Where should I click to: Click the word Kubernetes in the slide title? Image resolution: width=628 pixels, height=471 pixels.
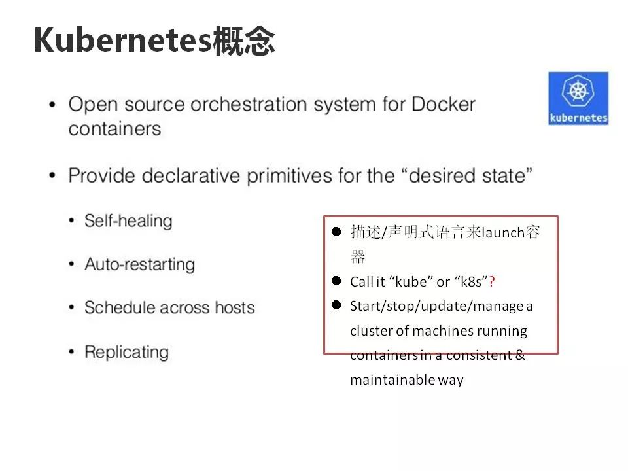pyautogui.click(x=123, y=40)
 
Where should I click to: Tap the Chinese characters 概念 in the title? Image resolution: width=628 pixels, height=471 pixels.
pyautogui.click(x=243, y=40)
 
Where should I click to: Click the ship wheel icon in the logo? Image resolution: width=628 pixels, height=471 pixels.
pyautogui.click(x=578, y=90)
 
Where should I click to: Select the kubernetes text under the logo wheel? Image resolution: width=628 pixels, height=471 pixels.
pyautogui.click(x=578, y=118)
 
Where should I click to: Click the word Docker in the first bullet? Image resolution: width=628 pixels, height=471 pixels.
pyautogui.click(x=444, y=104)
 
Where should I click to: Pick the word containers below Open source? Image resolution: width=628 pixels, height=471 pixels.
pyautogui.click(x=114, y=129)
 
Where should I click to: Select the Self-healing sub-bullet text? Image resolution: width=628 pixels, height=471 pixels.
pyautogui.click(x=129, y=220)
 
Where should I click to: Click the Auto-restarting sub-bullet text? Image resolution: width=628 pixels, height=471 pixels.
pyautogui.click(x=140, y=264)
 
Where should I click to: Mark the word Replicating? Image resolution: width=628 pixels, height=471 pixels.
pyautogui.click(x=126, y=352)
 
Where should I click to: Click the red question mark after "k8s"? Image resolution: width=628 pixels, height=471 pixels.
pyautogui.click(x=492, y=281)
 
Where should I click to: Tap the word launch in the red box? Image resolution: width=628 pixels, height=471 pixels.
pyautogui.click(x=503, y=232)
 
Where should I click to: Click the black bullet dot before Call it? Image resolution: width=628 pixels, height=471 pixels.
pyautogui.click(x=336, y=281)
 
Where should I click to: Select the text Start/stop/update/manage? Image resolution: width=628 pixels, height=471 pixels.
pyautogui.click(x=436, y=306)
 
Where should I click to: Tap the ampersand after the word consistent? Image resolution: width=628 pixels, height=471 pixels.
pyautogui.click(x=520, y=355)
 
